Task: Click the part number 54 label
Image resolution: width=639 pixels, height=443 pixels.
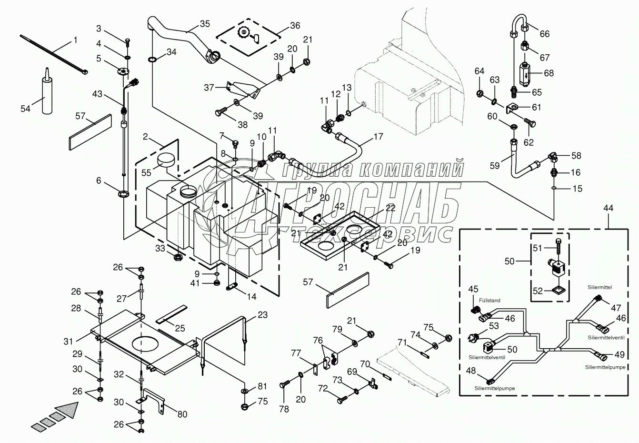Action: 25,109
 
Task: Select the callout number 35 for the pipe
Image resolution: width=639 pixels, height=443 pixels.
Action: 205,24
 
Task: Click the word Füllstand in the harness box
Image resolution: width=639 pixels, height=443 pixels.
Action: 489,300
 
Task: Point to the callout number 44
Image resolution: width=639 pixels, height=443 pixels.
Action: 608,208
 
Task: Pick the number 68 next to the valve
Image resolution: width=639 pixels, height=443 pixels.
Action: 549,73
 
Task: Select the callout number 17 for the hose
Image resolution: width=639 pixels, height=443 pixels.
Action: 378,136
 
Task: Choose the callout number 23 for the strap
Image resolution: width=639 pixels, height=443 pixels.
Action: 262,315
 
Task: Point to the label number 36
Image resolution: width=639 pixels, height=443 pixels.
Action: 295,25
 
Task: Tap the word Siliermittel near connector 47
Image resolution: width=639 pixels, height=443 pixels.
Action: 599,287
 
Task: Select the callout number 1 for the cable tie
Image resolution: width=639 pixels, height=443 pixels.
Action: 75,40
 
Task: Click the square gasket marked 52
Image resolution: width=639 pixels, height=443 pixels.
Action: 559,291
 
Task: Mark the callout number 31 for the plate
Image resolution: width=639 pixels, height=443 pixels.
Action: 68,342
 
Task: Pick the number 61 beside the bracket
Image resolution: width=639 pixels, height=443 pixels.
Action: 536,107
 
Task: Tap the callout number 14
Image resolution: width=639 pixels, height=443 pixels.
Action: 251,297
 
